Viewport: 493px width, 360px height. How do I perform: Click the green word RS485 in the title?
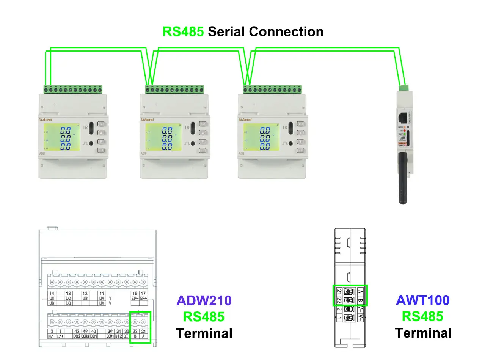tap(183, 31)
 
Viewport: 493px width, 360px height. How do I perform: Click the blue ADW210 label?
tap(204, 300)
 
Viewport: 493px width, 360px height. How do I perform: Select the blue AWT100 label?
tap(422, 300)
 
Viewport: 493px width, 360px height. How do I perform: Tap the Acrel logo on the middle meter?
tap(148, 119)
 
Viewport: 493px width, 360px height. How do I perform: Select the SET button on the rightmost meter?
tap(301, 124)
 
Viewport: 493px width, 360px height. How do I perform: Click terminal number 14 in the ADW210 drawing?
tap(52, 293)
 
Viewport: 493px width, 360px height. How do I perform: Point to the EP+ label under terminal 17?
tap(143, 299)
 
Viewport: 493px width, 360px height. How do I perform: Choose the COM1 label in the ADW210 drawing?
tap(110, 336)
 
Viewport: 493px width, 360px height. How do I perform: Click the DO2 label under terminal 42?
tap(77, 336)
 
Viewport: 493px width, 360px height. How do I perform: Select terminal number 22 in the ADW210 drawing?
tap(135, 331)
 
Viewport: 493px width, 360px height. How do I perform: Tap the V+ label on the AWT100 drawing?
tap(360, 318)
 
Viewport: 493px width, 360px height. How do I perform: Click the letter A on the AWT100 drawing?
tap(360, 291)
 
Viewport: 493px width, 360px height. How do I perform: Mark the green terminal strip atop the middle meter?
tap(174, 90)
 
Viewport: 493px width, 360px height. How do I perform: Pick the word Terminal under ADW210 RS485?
tap(204, 333)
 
